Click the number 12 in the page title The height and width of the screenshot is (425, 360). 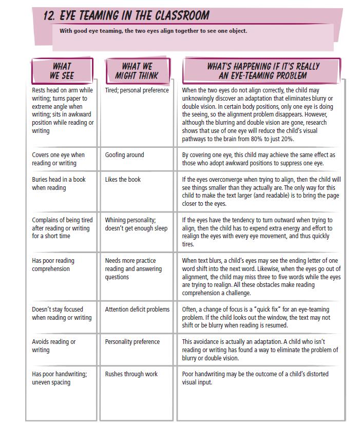pyautogui.click(x=50, y=16)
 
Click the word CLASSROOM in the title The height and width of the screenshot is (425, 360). pyautogui.click(x=179, y=15)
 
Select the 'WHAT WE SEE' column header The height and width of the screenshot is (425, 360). pyautogui.click(x=62, y=71)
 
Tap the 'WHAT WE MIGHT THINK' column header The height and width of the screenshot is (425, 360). pyautogui.click(x=137, y=71)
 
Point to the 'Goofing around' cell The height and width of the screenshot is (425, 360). pyautogui.click(x=125, y=155)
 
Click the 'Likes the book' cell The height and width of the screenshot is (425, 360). pyautogui.click(x=123, y=180)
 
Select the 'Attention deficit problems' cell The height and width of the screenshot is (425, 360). pyautogui.click(x=137, y=310)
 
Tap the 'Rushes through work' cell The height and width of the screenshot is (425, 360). pyautogui.click(x=131, y=374)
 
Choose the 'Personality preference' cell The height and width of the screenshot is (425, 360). pyautogui.click(x=132, y=342)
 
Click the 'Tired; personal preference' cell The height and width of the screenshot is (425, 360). pyautogui.click(x=137, y=90)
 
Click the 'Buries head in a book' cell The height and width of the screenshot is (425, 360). pyautogui.click(x=59, y=184)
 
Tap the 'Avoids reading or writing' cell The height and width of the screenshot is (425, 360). pyautogui.click(x=54, y=346)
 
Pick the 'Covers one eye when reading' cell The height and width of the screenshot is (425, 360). pyautogui.click(x=58, y=159)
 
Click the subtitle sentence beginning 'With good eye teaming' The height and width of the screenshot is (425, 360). pyautogui.click(x=153, y=31)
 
